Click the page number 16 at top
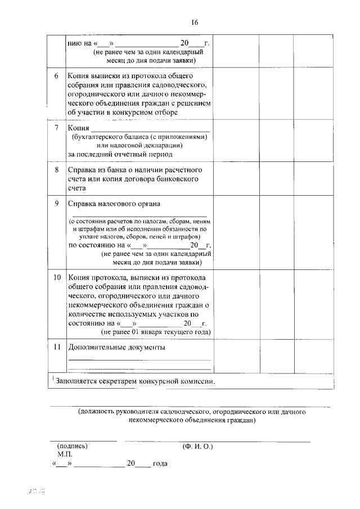195,22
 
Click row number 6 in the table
57,75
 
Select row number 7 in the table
57,128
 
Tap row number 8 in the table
57,170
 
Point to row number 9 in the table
57,203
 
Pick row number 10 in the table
57,278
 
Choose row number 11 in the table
57,347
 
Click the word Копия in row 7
79,128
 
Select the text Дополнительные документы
116,348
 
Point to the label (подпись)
72,445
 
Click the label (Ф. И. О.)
197,445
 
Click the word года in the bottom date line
160,465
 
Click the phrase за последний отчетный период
120,154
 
